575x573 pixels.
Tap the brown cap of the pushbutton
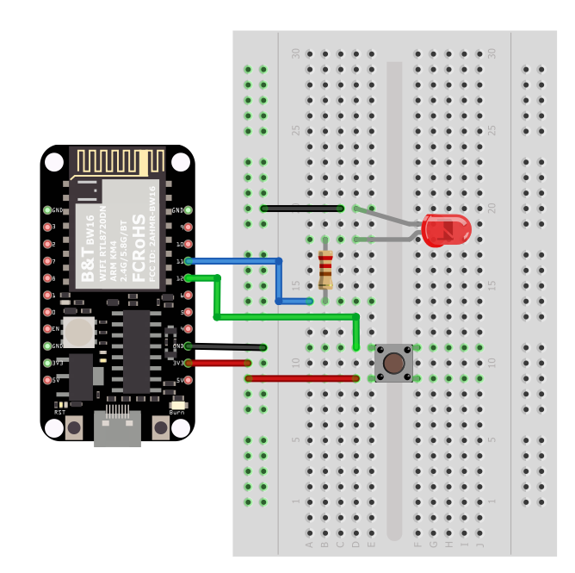[393, 363]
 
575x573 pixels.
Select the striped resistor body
[325, 269]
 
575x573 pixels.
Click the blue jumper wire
[278, 280]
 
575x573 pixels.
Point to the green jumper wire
[284, 317]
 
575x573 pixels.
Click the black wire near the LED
[301, 209]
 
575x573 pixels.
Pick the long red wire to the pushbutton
[301, 378]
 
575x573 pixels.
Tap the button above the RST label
[74, 427]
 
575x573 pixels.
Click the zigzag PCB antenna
[117, 161]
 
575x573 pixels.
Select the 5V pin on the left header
[47, 380]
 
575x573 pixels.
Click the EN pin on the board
[47, 329]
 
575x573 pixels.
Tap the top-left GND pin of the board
[47, 210]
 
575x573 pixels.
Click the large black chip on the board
[136, 352]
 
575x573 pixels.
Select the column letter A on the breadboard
[309, 544]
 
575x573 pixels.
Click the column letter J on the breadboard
[479, 544]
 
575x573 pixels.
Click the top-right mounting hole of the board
[180, 162]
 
